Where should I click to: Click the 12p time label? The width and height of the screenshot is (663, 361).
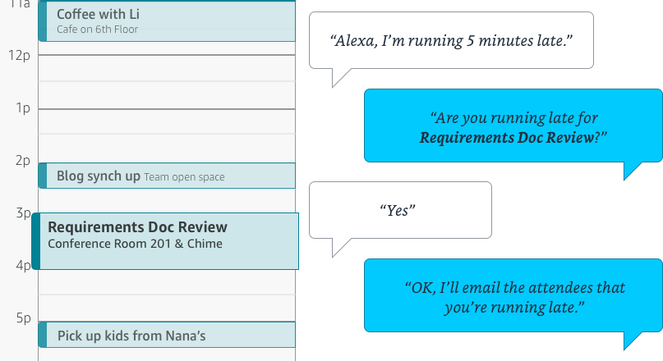pyautogui.click(x=19, y=55)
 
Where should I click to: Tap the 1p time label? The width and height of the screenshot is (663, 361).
pyautogui.click(x=23, y=108)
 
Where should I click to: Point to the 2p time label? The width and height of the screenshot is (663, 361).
pyautogui.click(x=23, y=161)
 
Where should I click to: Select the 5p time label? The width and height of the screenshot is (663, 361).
pyautogui.click(x=24, y=318)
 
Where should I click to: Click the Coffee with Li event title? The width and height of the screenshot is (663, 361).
pyautogui.click(x=98, y=14)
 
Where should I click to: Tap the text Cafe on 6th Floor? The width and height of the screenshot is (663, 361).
pyautogui.click(x=97, y=30)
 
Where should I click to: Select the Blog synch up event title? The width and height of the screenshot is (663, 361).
pyautogui.click(x=99, y=176)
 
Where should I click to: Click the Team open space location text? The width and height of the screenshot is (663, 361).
pyautogui.click(x=184, y=177)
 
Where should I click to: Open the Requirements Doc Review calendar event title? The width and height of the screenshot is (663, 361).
pyautogui.click(x=137, y=227)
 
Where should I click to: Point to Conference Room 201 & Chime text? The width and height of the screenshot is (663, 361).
pyautogui.click(x=135, y=244)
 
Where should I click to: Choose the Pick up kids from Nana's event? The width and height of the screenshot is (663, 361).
pyautogui.click(x=131, y=336)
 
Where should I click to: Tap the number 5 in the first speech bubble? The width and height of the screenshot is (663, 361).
pyautogui.click(x=471, y=41)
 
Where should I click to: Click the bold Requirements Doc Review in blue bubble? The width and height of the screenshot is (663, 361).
pyautogui.click(x=507, y=138)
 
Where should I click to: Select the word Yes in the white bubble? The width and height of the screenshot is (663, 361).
pyautogui.click(x=398, y=210)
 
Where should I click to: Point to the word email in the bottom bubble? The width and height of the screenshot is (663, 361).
pyautogui.click(x=481, y=288)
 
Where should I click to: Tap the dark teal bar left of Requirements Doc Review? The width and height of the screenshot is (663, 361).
pyautogui.click(x=36, y=241)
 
